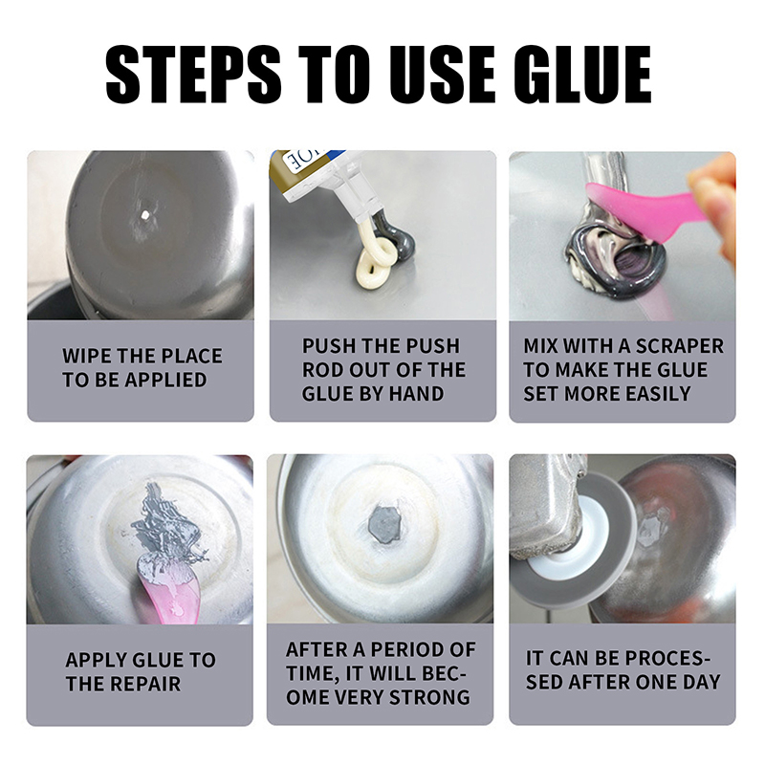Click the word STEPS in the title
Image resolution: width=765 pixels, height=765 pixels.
[194, 75]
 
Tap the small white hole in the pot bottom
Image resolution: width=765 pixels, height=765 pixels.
[144, 214]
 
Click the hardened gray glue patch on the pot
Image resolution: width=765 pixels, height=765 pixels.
[384, 524]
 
